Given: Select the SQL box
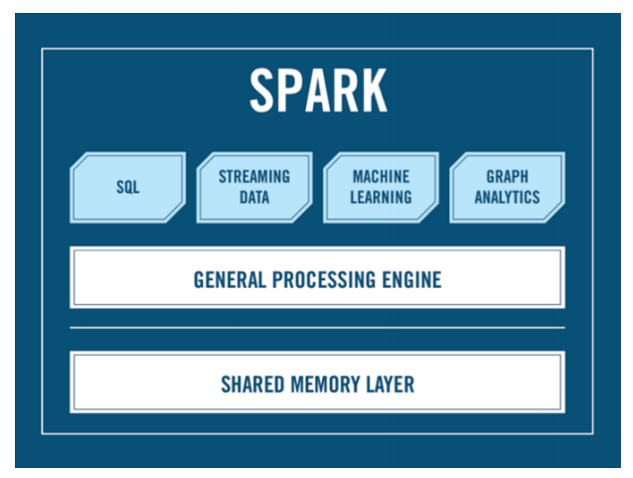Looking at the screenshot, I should pyautogui.click(x=127, y=187).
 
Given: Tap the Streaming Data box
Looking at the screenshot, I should pyautogui.click(x=254, y=187).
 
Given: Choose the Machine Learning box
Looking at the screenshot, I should pyautogui.click(x=382, y=187).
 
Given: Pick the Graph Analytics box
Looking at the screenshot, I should pyautogui.click(x=507, y=187).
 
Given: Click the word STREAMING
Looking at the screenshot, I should pyautogui.click(x=254, y=177).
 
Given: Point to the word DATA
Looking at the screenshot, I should pyautogui.click(x=254, y=197).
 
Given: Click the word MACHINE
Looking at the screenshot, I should pyautogui.click(x=382, y=177).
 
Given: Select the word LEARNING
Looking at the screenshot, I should pyautogui.click(x=382, y=197).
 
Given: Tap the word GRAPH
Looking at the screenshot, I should pyautogui.click(x=507, y=177).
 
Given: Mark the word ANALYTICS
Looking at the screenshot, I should pyautogui.click(x=507, y=197).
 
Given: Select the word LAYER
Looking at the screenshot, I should pyautogui.click(x=390, y=383).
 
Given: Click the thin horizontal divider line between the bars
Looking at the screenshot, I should pyautogui.click(x=317, y=327).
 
